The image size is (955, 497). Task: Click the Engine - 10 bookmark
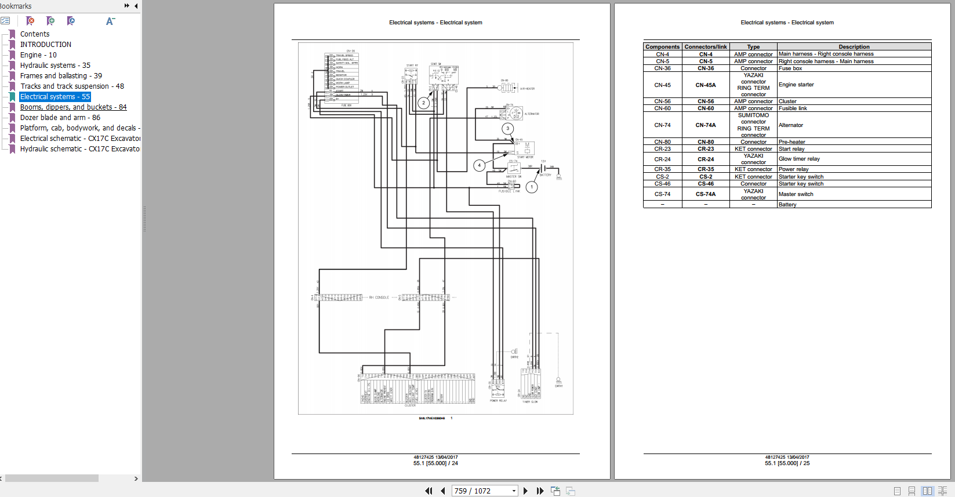38,55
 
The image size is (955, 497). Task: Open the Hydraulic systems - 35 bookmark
55,66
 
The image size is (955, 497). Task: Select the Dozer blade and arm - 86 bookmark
60,118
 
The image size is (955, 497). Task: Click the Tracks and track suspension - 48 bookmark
72,86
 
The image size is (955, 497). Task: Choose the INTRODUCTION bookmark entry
46,45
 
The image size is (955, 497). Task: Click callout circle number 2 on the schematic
424,103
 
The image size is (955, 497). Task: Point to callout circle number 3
508,129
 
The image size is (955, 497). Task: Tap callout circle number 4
479,165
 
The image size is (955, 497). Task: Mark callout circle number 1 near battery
532,187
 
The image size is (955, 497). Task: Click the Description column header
854,47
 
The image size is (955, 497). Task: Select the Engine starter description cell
796,85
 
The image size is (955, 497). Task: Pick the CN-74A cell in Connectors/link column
706,125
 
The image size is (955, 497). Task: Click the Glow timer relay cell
799,159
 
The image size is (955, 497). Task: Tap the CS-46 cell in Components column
662,184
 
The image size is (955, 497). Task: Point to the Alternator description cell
791,125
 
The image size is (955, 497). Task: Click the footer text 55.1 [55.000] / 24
435,463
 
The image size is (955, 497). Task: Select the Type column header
753,47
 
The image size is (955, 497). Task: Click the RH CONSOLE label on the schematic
379,298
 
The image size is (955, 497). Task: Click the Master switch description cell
796,194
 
